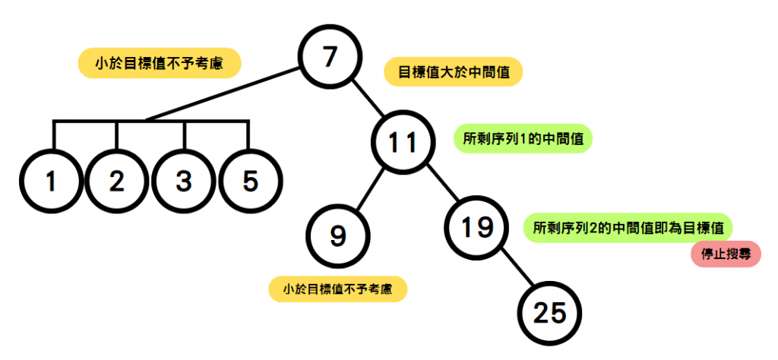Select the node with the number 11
(x=403, y=141)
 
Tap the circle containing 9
(x=338, y=235)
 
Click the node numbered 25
(x=551, y=312)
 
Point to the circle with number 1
(x=51, y=182)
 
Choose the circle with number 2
(x=116, y=182)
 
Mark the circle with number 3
(x=184, y=182)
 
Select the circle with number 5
(x=250, y=182)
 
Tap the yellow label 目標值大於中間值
(x=454, y=72)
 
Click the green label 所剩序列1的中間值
(x=522, y=139)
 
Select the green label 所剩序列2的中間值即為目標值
(x=628, y=227)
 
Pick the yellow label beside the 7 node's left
(x=160, y=63)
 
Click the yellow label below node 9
(x=338, y=289)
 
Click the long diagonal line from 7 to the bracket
(x=220, y=96)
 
